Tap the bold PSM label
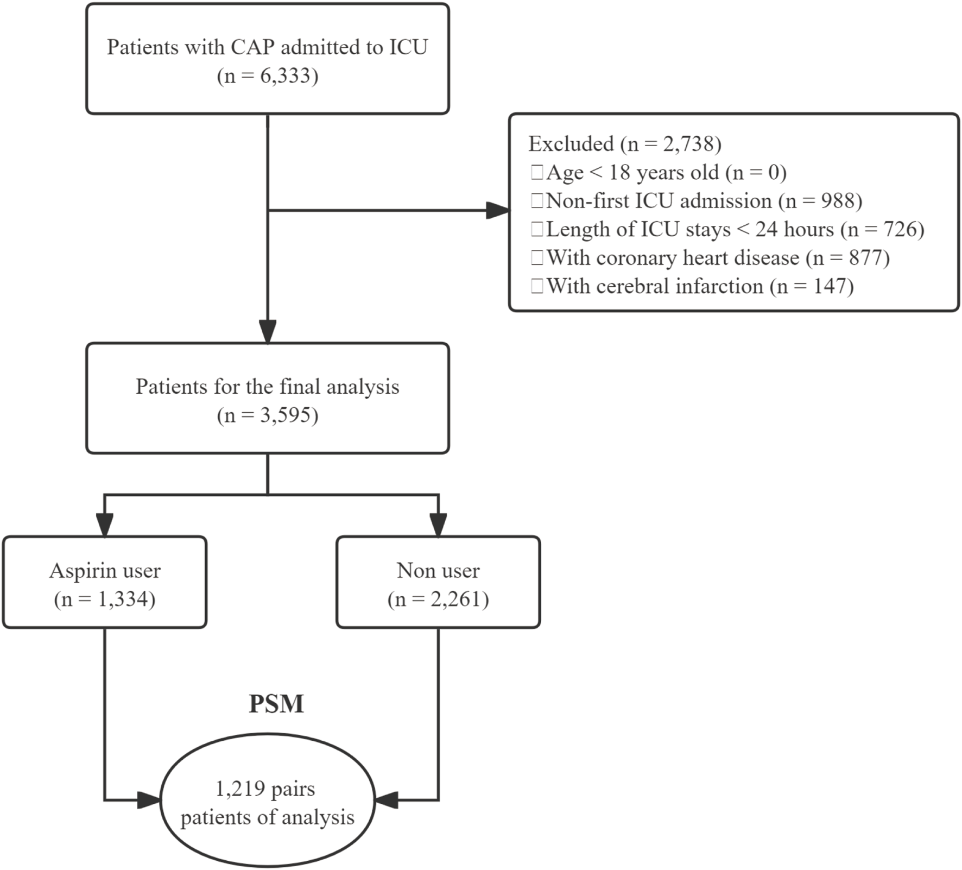(x=276, y=704)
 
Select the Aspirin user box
(x=104, y=582)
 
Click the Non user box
(x=438, y=582)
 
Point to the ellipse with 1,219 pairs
(x=267, y=802)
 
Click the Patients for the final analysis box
(x=267, y=398)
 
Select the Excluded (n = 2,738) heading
(x=624, y=144)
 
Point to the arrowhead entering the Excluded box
(x=497, y=211)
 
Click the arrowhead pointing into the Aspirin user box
(x=104, y=525)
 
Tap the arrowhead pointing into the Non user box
(x=438, y=525)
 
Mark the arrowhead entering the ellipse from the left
(x=149, y=800)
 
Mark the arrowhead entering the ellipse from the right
(x=387, y=800)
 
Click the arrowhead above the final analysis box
(x=268, y=331)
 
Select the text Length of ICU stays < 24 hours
(x=689, y=230)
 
